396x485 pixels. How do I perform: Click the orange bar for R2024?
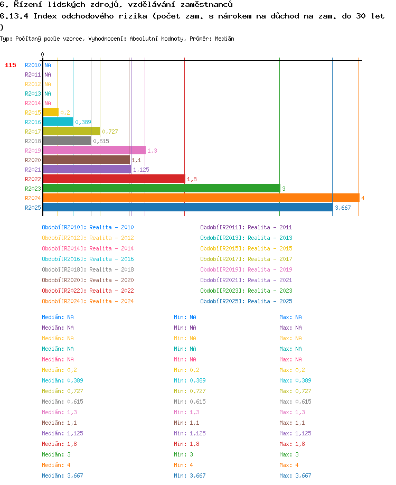click(201, 198)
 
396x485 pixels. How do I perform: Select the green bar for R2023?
click(162, 189)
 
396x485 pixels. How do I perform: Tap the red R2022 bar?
click(114, 179)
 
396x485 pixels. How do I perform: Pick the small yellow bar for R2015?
click(51, 113)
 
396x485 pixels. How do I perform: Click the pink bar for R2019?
click(95, 151)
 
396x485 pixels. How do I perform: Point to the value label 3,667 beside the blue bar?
click(343, 208)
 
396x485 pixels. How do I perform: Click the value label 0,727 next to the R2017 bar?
click(110, 132)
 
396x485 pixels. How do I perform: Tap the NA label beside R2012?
click(48, 84)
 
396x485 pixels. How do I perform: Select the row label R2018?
click(33, 141)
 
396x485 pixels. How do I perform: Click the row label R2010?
click(33, 65)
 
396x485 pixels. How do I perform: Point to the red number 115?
click(11, 65)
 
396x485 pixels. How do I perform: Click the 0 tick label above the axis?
click(42, 54)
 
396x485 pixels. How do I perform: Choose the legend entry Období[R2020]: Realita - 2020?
click(88, 280)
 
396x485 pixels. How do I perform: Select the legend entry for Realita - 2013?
click(246, 238)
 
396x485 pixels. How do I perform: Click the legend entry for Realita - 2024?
click(88, 301)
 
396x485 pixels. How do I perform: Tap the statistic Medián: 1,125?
click(62, 433)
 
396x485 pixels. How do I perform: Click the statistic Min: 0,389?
click(190, 380)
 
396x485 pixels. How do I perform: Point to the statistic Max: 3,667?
click(295, 475)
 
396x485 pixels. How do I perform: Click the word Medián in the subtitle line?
click(224, 39)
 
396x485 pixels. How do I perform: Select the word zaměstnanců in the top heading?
click(206, 4)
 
